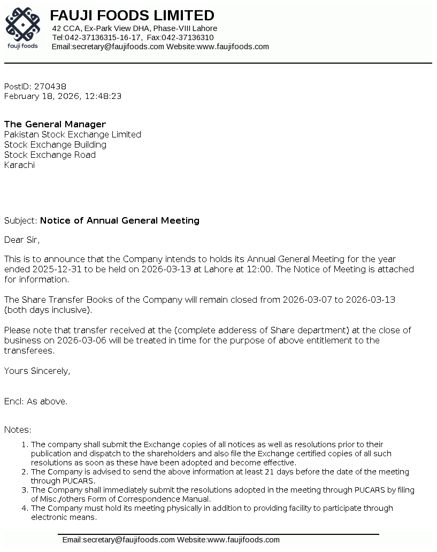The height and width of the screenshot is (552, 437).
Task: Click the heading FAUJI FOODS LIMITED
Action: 132,16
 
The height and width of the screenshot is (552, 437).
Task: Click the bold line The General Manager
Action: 55,125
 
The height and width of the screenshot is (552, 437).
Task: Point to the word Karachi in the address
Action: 19,165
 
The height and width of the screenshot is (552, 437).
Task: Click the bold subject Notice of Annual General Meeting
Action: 120,221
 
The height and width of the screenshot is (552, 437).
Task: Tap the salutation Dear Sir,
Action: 22,240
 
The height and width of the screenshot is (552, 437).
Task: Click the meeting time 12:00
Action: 259,270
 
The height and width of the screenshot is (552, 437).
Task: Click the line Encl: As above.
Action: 36,402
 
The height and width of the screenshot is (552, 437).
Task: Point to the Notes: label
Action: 18,430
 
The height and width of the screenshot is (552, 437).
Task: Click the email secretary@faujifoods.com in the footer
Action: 119,540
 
